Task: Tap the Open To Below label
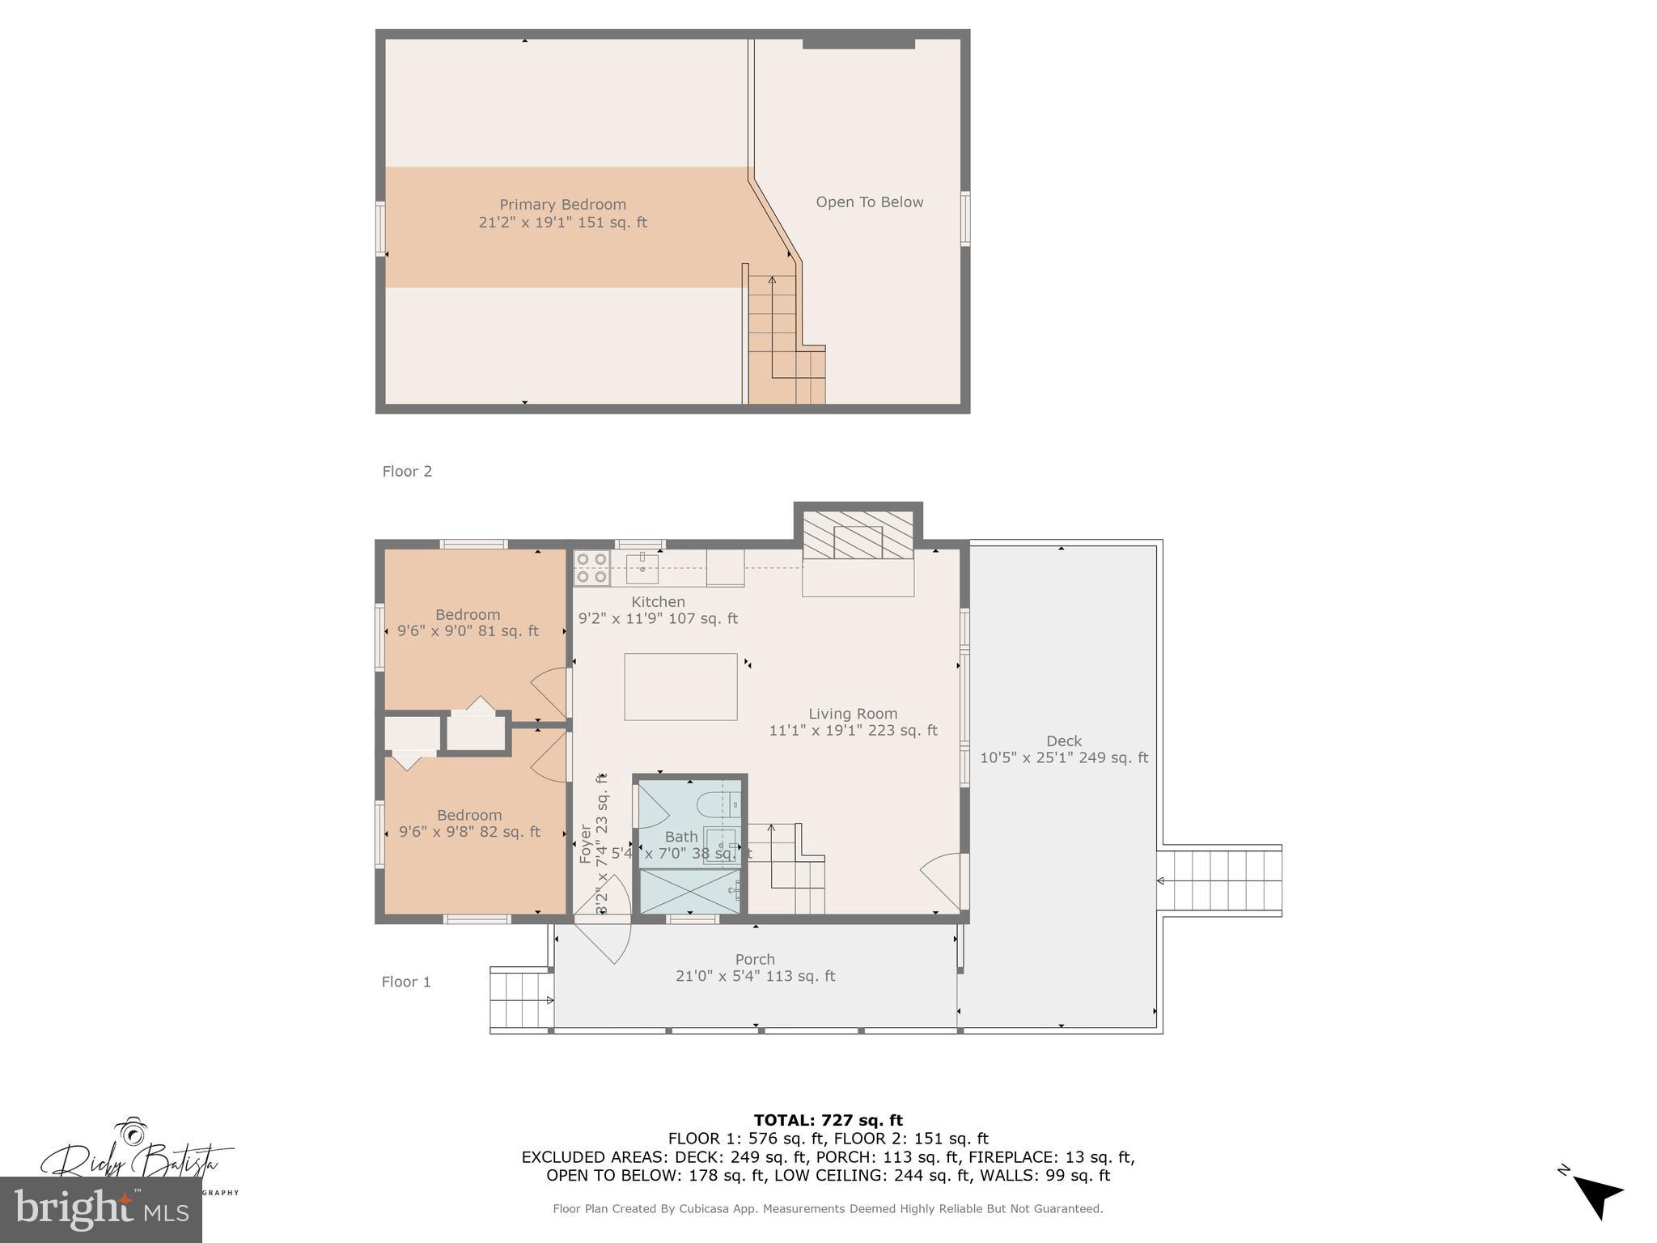[x=869, y=202]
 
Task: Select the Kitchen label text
[x=658, y=602]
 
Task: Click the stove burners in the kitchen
[x=591, y=567]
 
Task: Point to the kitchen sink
[x=642, y=568]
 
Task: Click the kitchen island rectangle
[x=680, y=687]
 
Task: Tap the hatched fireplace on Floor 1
[x=858, y=534]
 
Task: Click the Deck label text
[x=1063, y=741]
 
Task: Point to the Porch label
[x=755, y=960]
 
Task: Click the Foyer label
[x=586, y=844]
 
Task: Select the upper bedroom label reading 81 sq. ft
[x=468, y=623]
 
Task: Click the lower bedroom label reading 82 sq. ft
[x=469, y=824]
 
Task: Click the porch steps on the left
[x=521, y=999]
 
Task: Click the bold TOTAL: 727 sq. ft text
[x=828, y=1121]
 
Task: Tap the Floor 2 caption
[x=407, y=472]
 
